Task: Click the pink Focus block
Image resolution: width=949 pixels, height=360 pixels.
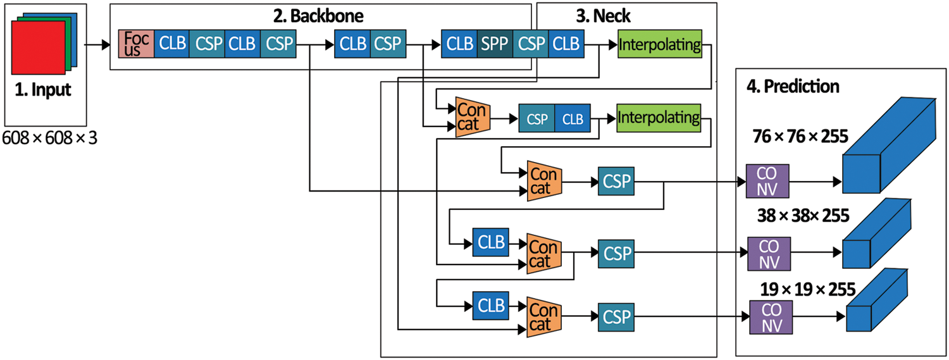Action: (x=136, y=44)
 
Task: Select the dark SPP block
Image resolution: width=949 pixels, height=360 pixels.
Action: (x=495, y=44)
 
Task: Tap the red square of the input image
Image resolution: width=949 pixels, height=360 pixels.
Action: (x=38, y=47)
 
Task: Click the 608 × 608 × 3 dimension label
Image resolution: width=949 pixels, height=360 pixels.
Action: (x=49, y=138)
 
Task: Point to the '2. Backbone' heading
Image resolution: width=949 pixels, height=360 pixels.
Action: (x=318, y=16)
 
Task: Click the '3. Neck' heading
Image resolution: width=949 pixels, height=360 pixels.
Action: (x=604, y=16)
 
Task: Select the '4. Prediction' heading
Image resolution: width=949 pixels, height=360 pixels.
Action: (x=793, y=87)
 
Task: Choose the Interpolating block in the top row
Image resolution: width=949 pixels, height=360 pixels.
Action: (x=660, y=44)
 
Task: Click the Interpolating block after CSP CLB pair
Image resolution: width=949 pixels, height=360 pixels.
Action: (x=659, y=118)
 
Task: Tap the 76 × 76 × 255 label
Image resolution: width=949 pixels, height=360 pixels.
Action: (x=800, y=137)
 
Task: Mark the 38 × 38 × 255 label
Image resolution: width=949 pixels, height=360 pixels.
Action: (x=803, y=216)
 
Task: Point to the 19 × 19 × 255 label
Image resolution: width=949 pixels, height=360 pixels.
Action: (x=808, y=290)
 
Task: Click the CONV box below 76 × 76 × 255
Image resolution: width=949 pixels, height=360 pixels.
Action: (x=767, y=182)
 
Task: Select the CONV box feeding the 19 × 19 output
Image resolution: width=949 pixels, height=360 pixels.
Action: (x=771, y=317)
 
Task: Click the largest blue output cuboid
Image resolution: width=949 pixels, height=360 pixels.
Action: (x=889, y=146)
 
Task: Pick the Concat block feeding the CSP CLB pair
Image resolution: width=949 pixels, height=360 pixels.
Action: (x=473, y=117)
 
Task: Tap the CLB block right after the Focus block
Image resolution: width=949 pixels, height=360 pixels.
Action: (x=171, y=44)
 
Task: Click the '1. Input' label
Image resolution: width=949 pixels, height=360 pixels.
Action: (x=43, y=90)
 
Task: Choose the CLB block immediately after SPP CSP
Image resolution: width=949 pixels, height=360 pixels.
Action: (x=566, y=44)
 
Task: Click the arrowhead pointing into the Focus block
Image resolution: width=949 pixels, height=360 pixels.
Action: (x=106, y=44)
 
